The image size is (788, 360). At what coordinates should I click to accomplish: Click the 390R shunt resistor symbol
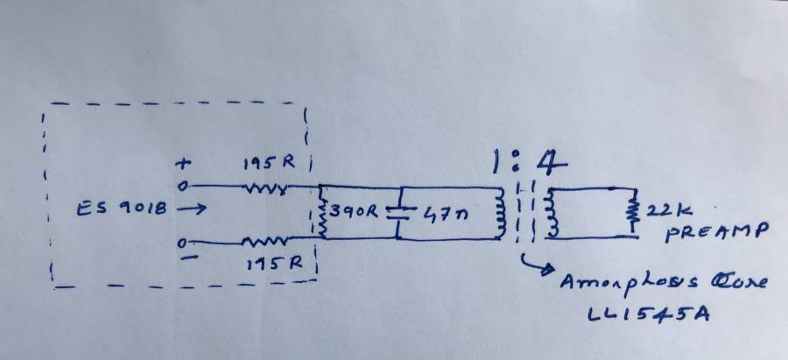(321, 214)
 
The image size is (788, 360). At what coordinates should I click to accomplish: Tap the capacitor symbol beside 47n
(397, 213)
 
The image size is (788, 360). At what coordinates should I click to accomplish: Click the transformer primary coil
(501, 213)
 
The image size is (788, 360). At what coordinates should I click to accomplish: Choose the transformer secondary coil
(552, 213)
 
